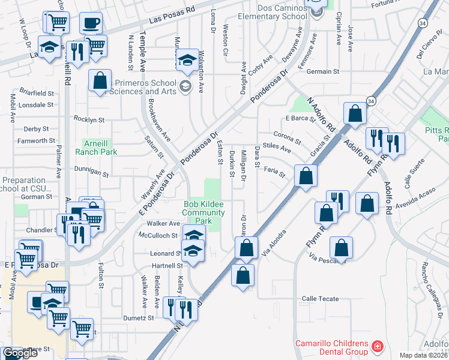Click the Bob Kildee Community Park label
click(x=203, y=212)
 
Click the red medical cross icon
click(x=377, y=347)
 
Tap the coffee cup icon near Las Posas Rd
click(x=91, y=23)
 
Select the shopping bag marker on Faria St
click(x=306, y=176)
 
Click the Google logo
click(x=20, y=353)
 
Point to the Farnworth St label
click(x=37, y=141)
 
